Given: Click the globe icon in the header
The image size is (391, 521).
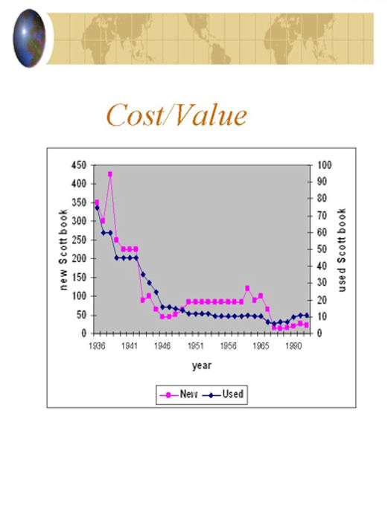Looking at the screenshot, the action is (29, 38).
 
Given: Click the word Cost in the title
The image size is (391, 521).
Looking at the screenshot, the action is (136, 115).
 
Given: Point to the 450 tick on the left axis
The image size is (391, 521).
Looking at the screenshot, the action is (79, 165).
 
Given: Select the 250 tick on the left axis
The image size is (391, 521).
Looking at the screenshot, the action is (79, 240).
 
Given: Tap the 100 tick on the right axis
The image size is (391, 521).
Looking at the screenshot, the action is (324, 165).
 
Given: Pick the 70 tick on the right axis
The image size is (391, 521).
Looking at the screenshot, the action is (322, 216).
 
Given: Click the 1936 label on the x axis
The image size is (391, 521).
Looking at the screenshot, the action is (97, 346).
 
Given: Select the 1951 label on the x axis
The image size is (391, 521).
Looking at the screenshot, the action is (195, 346).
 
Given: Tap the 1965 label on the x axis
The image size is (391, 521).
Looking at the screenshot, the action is (261, 346).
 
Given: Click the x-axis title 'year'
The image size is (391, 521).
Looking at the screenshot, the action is (202, 366).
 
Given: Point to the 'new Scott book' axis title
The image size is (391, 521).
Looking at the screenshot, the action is (63, 249).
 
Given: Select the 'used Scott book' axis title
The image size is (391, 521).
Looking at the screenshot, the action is (341, 250).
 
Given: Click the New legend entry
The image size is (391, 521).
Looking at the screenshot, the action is (179, 394).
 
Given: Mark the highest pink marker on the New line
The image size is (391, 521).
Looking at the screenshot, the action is (110, 174).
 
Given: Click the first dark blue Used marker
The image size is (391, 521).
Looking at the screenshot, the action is (97, 208).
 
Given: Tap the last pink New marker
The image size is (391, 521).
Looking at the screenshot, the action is (307, 325).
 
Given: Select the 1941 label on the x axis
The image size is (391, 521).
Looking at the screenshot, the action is (130, 346).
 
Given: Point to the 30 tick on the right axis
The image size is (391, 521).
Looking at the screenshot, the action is (322, 283).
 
